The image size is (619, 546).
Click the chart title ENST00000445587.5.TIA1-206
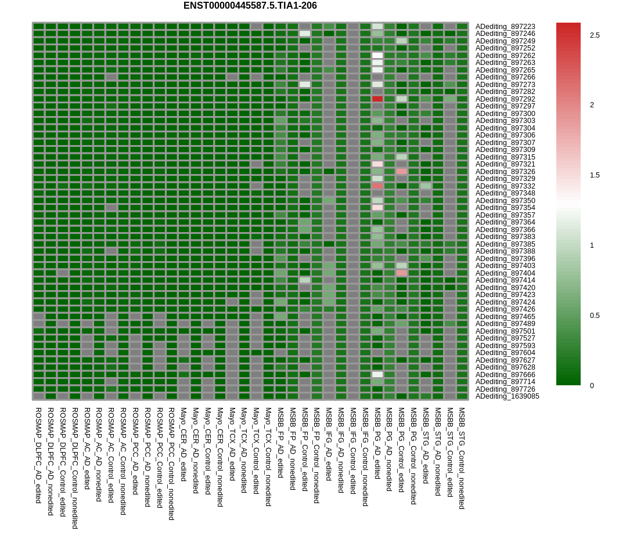tap(250, 6)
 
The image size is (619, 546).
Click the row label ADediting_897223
tap(505, 27)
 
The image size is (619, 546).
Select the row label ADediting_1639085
tap(507, 396)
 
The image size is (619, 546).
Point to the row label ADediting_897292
tap(505, 99)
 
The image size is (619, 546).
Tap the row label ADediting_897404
tap(505, 273)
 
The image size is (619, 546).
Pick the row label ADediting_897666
tap(505, 375)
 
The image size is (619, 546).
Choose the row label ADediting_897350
tap(505, 201)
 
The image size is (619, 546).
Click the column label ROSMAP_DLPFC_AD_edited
tap(38, 455)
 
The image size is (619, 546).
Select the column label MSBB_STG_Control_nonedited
tap(462, 458)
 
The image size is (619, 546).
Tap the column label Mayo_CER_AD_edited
tap(183, 444)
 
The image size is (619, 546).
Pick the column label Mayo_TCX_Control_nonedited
tap(268, 457)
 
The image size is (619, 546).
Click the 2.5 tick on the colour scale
tap(595, 35)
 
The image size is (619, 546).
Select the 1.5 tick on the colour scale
tap(595, 175)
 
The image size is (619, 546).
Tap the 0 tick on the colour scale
tap(592, 386)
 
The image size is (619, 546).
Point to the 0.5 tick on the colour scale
tap(595, 316)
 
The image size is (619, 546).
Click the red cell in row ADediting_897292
tap(377, 99)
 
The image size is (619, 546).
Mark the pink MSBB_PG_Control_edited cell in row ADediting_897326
tap(401, 172)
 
